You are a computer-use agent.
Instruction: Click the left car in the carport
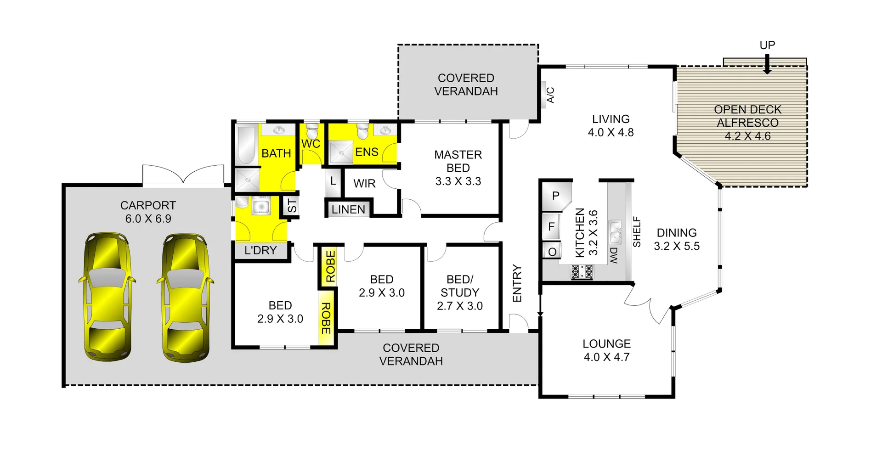coord(107,297)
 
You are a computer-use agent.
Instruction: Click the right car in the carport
coord(185,298)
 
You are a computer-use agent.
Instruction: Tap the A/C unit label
coord(550,95)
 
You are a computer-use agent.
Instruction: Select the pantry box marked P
coord(555,196)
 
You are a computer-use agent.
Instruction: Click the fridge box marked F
coord(551,226)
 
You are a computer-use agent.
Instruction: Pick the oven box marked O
coord(552,252)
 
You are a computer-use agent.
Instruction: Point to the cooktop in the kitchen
coord(582,272)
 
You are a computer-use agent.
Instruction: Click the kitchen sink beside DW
coord(615,232)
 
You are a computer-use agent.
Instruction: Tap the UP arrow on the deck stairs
coord(767,64)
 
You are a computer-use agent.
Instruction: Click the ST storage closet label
coord(292,205)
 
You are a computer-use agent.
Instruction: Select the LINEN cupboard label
coord(348,210)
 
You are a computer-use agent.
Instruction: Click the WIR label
coord(364,184)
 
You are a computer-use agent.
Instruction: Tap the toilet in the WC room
coord(312,131)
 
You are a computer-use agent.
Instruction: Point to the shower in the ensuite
coord(340,152)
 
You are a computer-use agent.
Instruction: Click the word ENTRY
coord(517,283)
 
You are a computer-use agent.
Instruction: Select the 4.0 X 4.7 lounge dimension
coord(606,357)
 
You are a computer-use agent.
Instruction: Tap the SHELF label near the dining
coord(637,232)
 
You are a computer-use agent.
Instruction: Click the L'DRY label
coord(260,251)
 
